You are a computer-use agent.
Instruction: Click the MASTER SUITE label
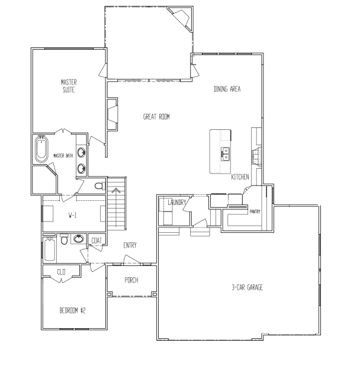pyautogui.click(x=69, y=85)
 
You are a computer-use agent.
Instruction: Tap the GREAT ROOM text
pyautogui.click(x=156, y=117)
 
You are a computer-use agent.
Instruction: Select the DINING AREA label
pyautogui.click(x=227, y=89)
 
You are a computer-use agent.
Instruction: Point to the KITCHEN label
pyautogui.click(x=239, y=177)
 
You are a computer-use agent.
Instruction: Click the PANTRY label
pyautogui.click(x=255, y=211)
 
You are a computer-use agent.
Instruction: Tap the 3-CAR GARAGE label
pyautogui.click(x=247, y=287)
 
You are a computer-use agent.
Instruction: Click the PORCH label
pyautogui.click(x=131, y=280)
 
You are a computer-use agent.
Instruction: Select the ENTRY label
pyautogui.click(x=130, y=245)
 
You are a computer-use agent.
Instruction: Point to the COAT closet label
pyautogui.click(x=97, y=240)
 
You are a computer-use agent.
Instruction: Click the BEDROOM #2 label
pyautogui.click(x=73, y=310)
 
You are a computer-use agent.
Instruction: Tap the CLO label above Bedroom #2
pyautogui.click(x=61, y=273)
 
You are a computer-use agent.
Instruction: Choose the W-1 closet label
pyautogui.click(x=73, y=214)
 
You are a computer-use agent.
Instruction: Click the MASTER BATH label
pyautogui.click(x=63, y=156)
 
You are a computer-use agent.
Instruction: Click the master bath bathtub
pyautogui.click(x=41, y=150)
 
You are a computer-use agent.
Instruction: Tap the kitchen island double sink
pyautogui.click(x=226, y=153)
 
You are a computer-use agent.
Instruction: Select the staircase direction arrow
pyautogui.click(x=117, y=191)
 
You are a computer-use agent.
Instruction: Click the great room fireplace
pyautogui.click(x=111, y=116)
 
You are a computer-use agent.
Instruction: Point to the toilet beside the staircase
pyautogui.click(x=99, y=186)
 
